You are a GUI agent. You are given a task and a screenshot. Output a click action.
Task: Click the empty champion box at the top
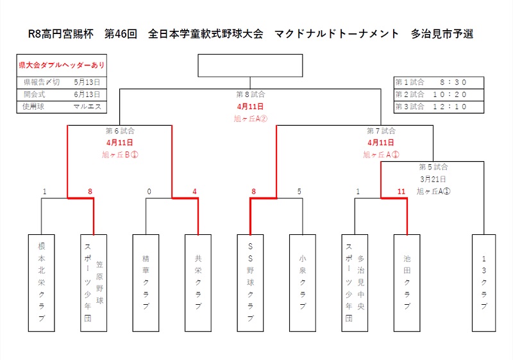click(250, 65)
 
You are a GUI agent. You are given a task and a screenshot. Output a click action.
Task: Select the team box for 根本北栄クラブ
click(41, 282)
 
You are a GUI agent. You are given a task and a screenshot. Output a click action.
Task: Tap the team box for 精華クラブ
click(146, 282)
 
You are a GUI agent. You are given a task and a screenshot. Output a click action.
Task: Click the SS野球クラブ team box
click(250, 282)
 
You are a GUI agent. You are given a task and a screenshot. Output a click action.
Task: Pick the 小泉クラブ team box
click(302, 282)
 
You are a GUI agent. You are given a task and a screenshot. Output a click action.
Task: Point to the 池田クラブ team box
click(407, 282)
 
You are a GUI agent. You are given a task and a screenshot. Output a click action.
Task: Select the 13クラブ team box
click(485, 282)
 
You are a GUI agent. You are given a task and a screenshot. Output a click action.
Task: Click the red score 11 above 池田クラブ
click(401, 191)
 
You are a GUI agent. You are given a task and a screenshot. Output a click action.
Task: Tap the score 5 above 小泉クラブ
click(299, 191)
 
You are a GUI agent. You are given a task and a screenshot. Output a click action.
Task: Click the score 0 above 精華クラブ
click(149, 191)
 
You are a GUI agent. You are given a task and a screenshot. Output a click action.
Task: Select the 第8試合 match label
click(250, 94)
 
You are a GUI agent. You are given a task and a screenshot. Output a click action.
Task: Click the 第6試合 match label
click(120, 130)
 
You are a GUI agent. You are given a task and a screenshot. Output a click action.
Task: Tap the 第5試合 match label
click(433, 167)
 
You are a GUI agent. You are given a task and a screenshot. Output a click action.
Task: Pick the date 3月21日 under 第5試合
click(433, 179)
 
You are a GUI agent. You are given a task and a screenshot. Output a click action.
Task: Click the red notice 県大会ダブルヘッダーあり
click(62, 65)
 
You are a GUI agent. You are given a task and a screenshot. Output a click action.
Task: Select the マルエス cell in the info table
click(87, 107)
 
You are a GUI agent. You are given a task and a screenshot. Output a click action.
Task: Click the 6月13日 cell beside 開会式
click(87, 94)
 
